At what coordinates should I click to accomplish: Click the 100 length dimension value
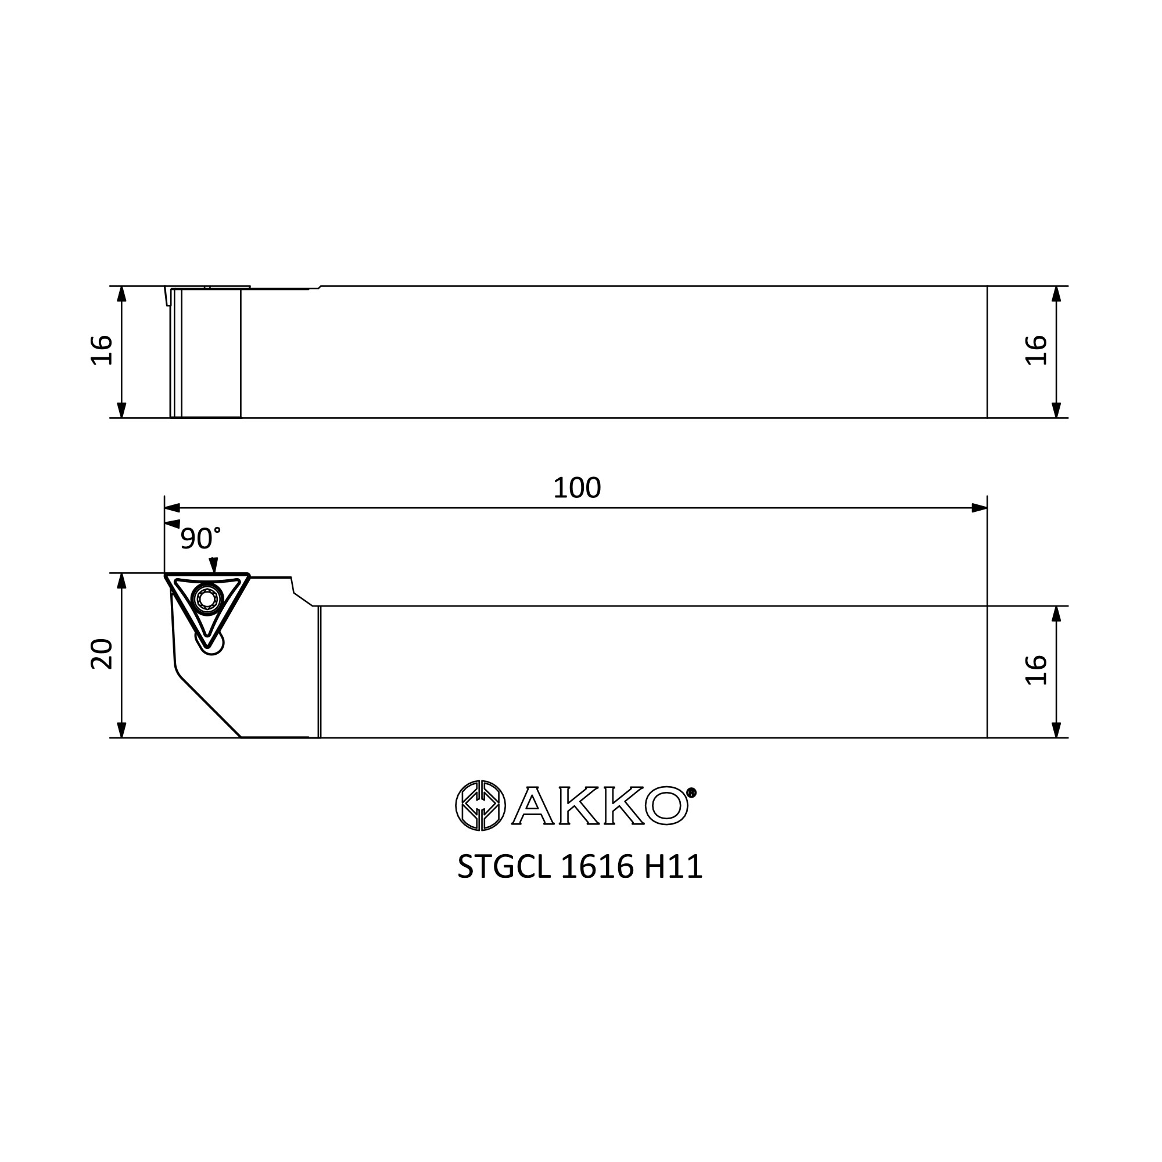pyautogui.click(x=576, y=488)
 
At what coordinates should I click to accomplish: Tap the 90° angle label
pyautogui.click(x=200, y=539)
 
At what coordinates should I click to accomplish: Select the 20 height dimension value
pyautogui.click(x=102, y=654)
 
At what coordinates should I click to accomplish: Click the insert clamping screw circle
pyautogui.click(x=207, y=599)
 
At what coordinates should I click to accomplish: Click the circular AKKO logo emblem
pyautogui.click(x=480, y=805)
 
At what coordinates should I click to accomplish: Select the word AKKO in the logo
pyautogui.click(x=600, y=805)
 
